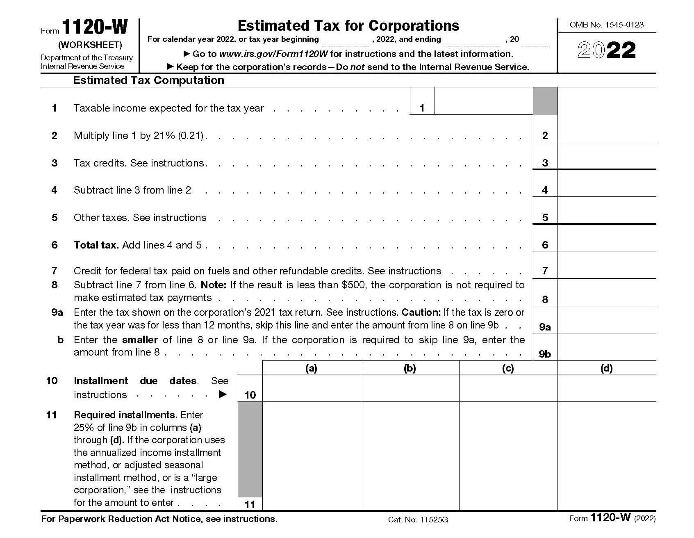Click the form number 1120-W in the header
(x=95, y=27)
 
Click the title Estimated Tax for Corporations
(x=348, y=25)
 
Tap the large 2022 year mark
(x=607, y=50)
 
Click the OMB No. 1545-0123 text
(x=607, y=25)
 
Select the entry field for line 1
(x=483, y=101)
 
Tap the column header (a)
(x=311, y=368)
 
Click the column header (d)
(x=607, y=368)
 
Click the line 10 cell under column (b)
(x=410, y=388)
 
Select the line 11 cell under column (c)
(x=508, y=456)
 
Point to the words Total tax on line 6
(x=96, y=245)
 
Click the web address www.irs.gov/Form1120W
(x=273, y=54)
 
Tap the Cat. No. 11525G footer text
(x=418, y=520)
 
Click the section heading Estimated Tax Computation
(x=148, y=80)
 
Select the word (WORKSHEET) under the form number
(x=90, y=45)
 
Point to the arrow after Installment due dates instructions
(x=223, y=394)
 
